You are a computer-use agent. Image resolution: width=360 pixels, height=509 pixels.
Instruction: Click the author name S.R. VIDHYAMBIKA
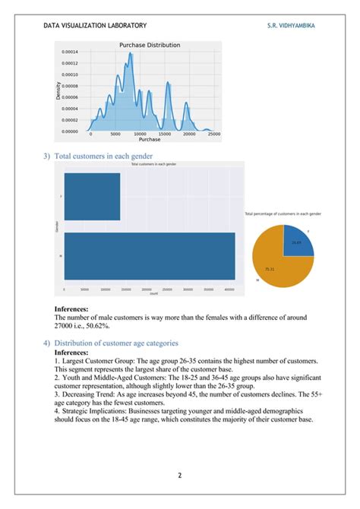[292, 25]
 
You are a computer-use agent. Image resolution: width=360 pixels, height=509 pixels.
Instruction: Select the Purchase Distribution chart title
[150, 46]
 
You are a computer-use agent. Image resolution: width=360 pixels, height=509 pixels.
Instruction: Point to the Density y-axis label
[58, 91]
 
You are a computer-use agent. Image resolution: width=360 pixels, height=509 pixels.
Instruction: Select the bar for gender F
[92, 196]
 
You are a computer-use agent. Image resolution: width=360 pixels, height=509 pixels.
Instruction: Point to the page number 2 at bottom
[180, 476]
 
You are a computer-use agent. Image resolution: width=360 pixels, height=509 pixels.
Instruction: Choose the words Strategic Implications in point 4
[96, 411]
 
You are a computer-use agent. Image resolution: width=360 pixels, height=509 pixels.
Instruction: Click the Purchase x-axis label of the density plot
[149, 140]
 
